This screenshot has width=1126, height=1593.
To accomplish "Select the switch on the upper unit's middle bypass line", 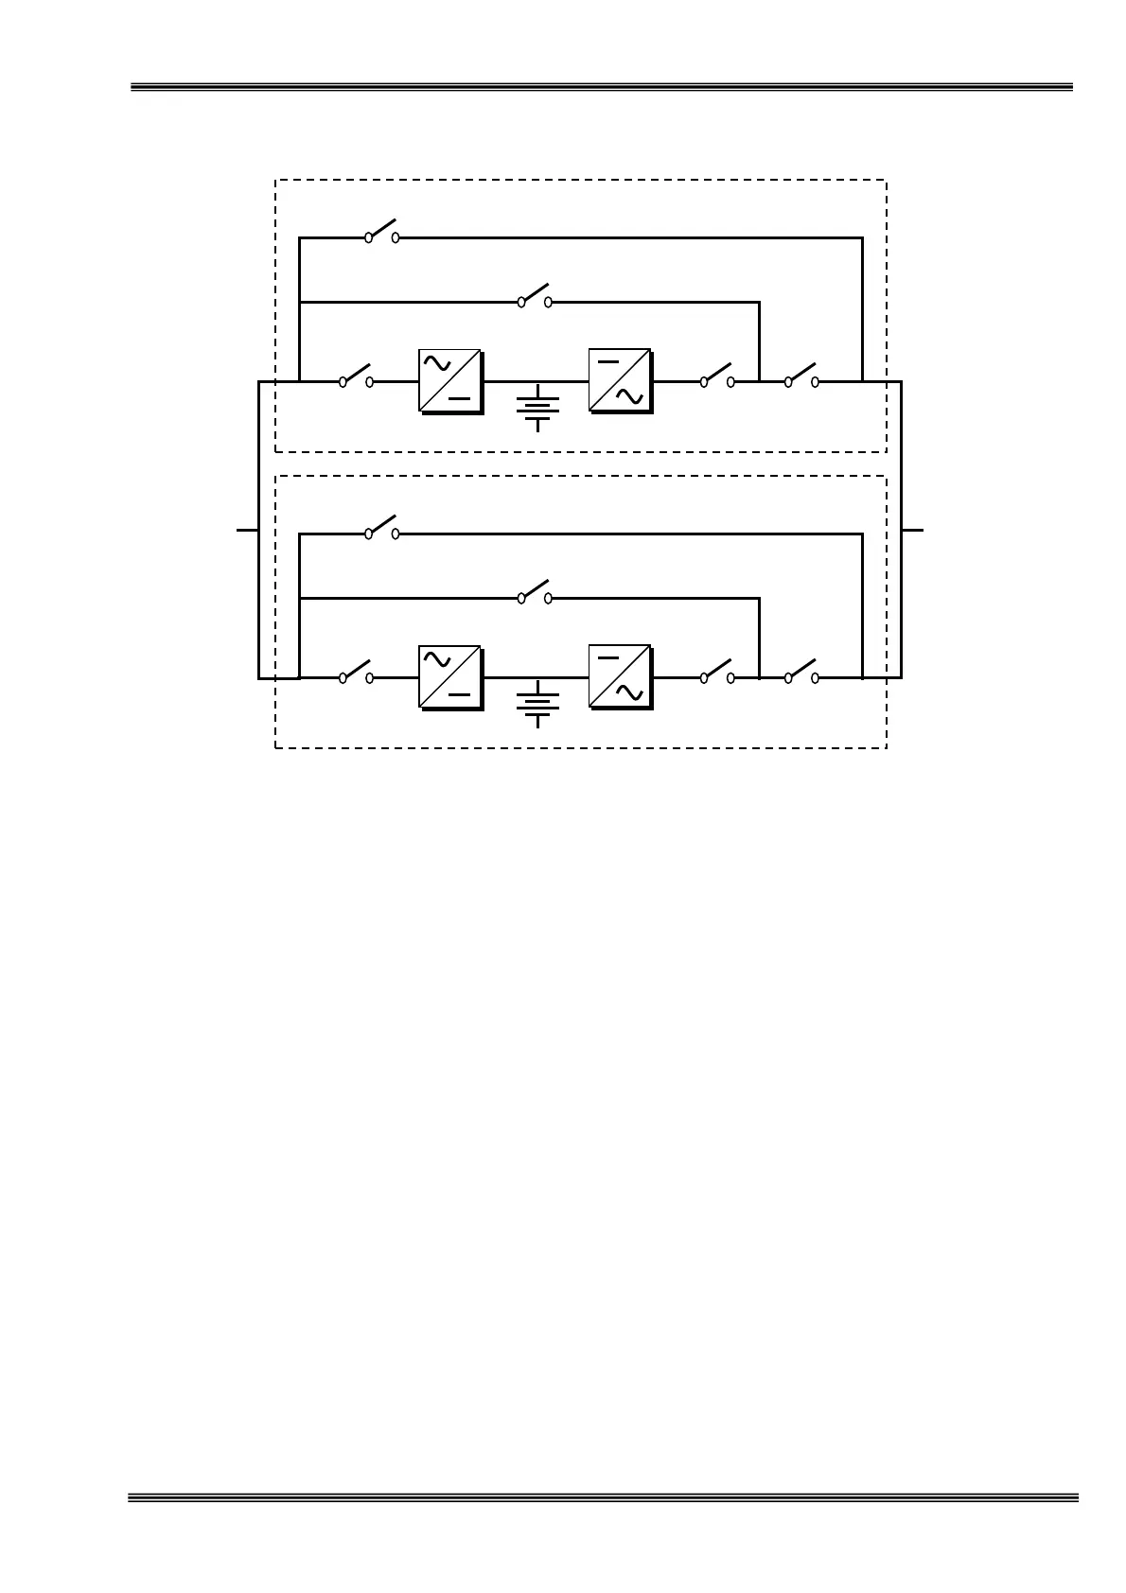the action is click(535, 297).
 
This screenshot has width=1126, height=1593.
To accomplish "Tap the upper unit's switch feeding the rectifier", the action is click(356, 377).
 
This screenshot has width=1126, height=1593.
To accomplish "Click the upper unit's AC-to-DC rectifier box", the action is click(449, 380).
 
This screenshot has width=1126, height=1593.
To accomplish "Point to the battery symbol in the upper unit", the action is click(537, 407).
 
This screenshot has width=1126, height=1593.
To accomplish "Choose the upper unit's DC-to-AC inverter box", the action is click(619, 380).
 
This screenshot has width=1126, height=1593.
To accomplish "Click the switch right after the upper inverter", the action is click(717, 377).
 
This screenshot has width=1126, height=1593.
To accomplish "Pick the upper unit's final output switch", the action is click(801, 377).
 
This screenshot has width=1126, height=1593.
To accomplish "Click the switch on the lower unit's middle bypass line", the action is click(535, 593).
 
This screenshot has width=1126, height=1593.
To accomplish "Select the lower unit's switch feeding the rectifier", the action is click(356, 674).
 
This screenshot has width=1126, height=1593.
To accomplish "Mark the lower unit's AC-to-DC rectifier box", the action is click(449, 676).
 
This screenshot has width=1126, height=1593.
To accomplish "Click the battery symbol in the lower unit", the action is click(537, 703).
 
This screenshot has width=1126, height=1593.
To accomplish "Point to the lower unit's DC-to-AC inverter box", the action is click(619, 676).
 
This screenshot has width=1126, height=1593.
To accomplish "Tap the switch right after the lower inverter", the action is click(717, 674).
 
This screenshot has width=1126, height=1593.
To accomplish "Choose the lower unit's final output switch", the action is click(801, 674).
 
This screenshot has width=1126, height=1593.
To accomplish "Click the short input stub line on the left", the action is click(247, 530).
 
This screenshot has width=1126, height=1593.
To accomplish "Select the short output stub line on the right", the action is click(912, 530).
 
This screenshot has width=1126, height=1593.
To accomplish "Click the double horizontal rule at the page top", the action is click(602, 88).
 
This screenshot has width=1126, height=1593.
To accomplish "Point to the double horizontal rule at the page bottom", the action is click(602, 1497).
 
